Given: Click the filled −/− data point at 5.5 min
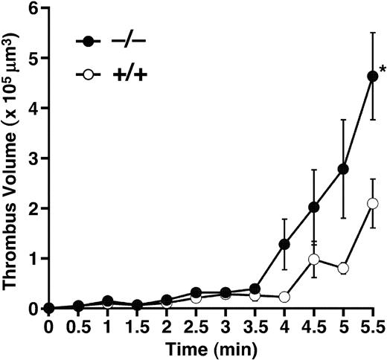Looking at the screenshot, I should [372, 75].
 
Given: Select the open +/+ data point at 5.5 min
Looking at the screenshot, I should [372, 203].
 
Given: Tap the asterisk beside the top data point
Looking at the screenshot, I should [380, 69].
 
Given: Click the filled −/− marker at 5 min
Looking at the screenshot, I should [343, 169].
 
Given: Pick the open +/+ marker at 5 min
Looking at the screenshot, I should [343, 268].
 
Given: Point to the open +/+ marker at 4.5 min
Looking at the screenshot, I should [313, 259].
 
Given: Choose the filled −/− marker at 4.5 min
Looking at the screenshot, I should [313, 207].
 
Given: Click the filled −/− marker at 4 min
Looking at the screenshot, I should [284, 244].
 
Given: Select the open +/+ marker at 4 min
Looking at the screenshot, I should [284, 296].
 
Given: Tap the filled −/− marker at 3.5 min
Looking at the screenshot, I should [255, 288].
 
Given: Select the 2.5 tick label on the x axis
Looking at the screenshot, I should [196, 327].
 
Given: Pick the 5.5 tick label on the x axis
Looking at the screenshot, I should [372, 327].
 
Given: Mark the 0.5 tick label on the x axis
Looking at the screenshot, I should [78, 327].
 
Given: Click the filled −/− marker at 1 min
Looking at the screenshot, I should [108, 300].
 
